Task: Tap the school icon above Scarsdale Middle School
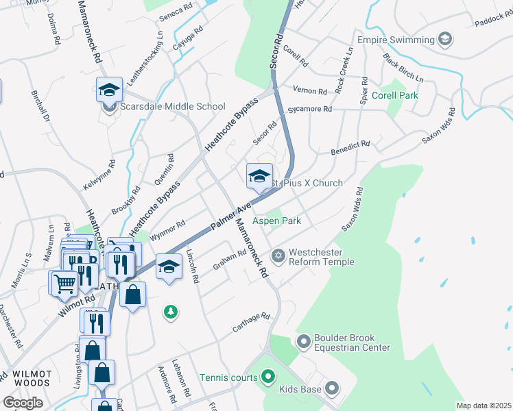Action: [x=109, y=90]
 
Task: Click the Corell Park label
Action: [x=394, y=96]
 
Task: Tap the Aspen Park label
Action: [x=277, y=221]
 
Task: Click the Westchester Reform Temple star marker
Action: [x=278, y=256]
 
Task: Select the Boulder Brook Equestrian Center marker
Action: [x=303, y=340]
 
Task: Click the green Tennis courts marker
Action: [x=267, y=377]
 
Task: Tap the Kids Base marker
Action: [x=332, y=389]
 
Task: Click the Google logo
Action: [x=23, y=402]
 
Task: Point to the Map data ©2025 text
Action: [x=484, y=406]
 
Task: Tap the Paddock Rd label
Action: [x=493, y=22]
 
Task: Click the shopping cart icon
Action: [x=64, y=282]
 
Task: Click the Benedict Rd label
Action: [x=350, y=148]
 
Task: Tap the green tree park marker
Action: [x=170, y=312]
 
